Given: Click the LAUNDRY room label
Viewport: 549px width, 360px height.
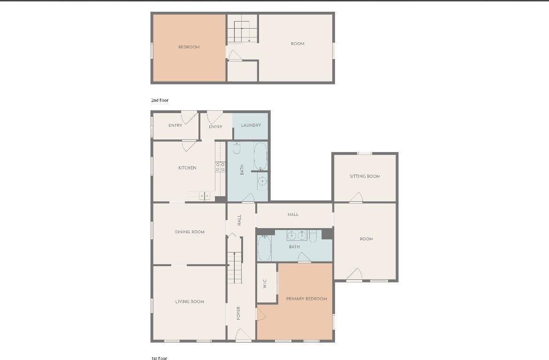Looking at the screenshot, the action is pyautogui.click(x=251, y=125).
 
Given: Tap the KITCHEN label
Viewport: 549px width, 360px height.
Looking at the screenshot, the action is pyautogui.click(x=187, y=168).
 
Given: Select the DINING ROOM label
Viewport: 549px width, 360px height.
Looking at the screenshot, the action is pyautogui.click(x=190, y=232).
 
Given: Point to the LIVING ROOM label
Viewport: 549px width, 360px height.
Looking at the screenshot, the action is pyautogui.click(x=190, y=301).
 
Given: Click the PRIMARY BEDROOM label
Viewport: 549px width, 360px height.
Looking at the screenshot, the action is pyautogui.click(x=306, y=299).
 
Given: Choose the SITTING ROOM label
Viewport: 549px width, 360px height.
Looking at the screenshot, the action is pyautogui.click(x=365, y=176).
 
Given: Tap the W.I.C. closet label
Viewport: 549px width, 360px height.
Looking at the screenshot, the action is pyautogui.click(x=265, y=283).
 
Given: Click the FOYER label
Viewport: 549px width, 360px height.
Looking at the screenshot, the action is pyautogui.click(x=238, y=313).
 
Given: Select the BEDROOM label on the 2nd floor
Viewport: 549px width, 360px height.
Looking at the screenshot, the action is pyautogui.click(x=189, y=47).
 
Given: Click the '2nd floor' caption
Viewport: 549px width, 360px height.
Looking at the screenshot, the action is pyautogui.click(x=160, y=100).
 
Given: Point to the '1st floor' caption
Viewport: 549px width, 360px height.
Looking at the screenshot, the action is pyautogui.click(x=160, y=358).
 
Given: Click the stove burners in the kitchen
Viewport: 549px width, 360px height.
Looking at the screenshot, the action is pyautogui.click(x=220, y=167).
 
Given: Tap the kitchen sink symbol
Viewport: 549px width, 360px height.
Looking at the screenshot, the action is pyautogui.click(x=205, y=195).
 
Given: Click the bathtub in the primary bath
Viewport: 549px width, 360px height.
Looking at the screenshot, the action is pyautogui.click(x=264, y=248).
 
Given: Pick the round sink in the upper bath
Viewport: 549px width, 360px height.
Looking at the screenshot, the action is pyautogui.click(x=262, y=181).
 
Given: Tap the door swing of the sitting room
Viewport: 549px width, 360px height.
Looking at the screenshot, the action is pyautogui.click(x=356, y=197).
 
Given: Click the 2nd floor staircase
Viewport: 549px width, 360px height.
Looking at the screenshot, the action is pyautogui.click(x=242, y=31).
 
